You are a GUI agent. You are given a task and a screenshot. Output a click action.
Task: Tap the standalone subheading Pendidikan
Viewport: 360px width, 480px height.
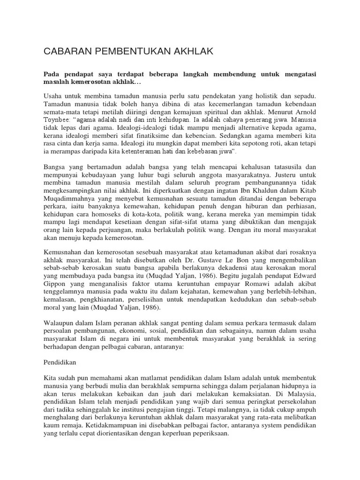point(60,362)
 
